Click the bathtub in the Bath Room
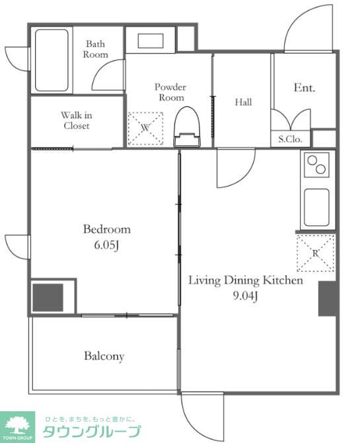click(52, 60)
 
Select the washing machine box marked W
click(145, 128)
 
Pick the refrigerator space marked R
click(315, 253)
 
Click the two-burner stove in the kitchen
click(316, 165)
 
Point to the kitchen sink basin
click(316, 208)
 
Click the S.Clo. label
click(290, 139)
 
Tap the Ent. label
click(305, 87)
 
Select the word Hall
click(243, 102)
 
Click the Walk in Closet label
click(77, 120)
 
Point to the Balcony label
click(104, 356)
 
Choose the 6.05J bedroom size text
click(106, 245)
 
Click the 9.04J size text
click(245, 296)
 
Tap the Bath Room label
click(95, 49)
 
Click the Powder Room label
click(170, 92)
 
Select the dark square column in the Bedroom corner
click(48, 298)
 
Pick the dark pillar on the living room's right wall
click(328, 298)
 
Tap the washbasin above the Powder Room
click(151, 41)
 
